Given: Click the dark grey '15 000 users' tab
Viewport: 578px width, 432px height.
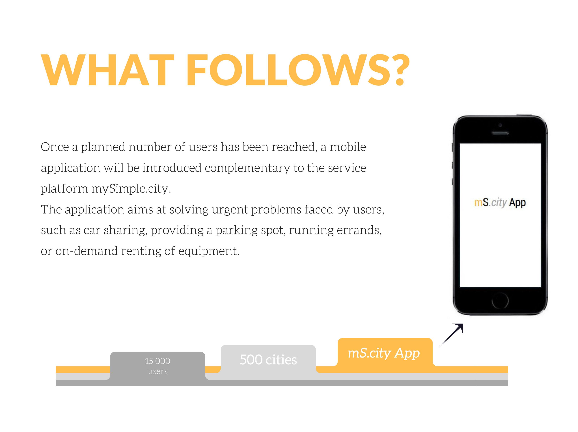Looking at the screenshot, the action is pyautogui.click(x=158, y=365).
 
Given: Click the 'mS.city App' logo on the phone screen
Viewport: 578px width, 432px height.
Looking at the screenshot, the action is pyautogui.click(x=500, y=202).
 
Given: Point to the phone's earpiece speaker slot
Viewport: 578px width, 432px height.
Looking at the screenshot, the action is pyautogui.click(x=500, y=133).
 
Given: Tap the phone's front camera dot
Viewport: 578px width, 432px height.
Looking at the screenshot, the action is pyautogui.click(x=500, y=125).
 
